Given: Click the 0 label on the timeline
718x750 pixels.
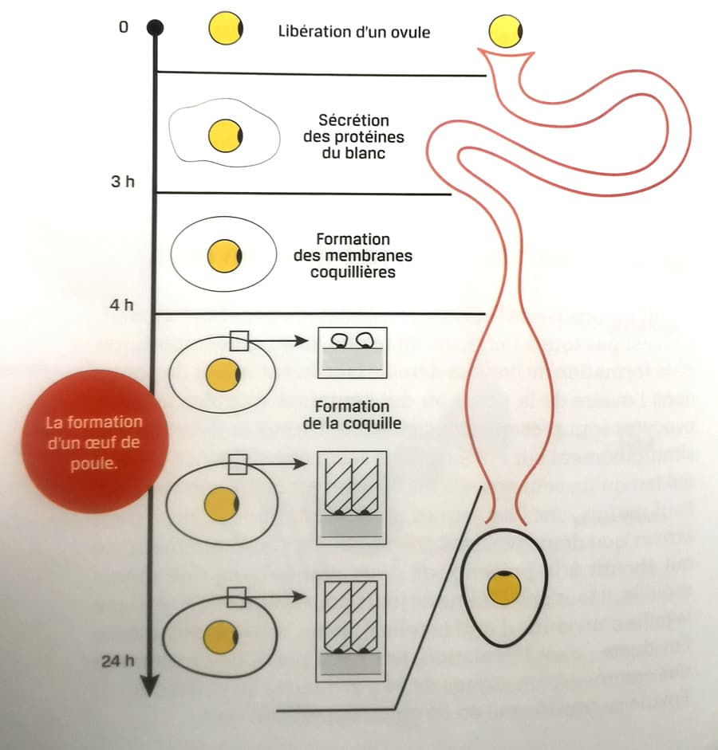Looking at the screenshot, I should tap(123, 27).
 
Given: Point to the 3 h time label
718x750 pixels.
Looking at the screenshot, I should tap(122, 183).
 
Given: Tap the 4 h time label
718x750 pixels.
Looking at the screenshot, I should tap(122, 304).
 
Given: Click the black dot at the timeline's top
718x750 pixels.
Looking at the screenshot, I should tap(156, 29).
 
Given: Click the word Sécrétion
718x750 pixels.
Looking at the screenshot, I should tap(353, 121).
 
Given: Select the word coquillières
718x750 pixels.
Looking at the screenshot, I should tap(353, 272).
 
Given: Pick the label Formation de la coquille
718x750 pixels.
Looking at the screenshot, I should tap(353, 416).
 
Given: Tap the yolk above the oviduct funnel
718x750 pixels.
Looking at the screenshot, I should tap(505, 33).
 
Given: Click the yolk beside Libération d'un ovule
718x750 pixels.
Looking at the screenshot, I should tap(226, 30).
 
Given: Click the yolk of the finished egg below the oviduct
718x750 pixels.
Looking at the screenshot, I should tap(505, 588).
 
